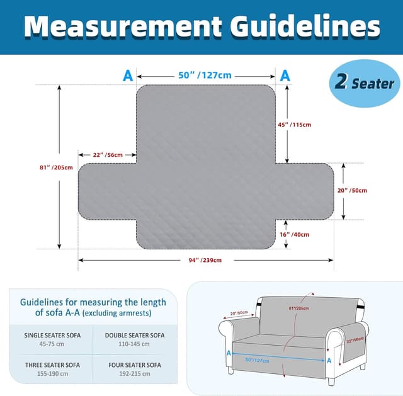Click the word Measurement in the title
pos(123,26)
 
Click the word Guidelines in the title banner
pos(305,26)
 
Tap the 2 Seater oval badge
pos(365,83)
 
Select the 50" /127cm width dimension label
pos(205,76)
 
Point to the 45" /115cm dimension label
pos(295,125)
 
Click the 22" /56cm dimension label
pos(108,155)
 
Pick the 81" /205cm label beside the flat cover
pos(56,167)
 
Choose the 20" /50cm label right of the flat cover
pos(352,190)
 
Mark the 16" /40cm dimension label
pos(295,234)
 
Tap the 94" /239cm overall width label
pos(205,260)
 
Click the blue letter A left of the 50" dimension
pos(128,76)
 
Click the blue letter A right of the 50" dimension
pos(285,76)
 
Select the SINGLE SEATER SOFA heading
pos(52,336)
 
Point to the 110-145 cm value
pos(134,344)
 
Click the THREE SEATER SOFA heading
pos(52,365)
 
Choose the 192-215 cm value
pos(135,373)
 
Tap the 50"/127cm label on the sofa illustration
pos(258,360)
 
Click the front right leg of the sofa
pos(331,382)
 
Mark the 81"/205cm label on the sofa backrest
pos(299,308)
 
